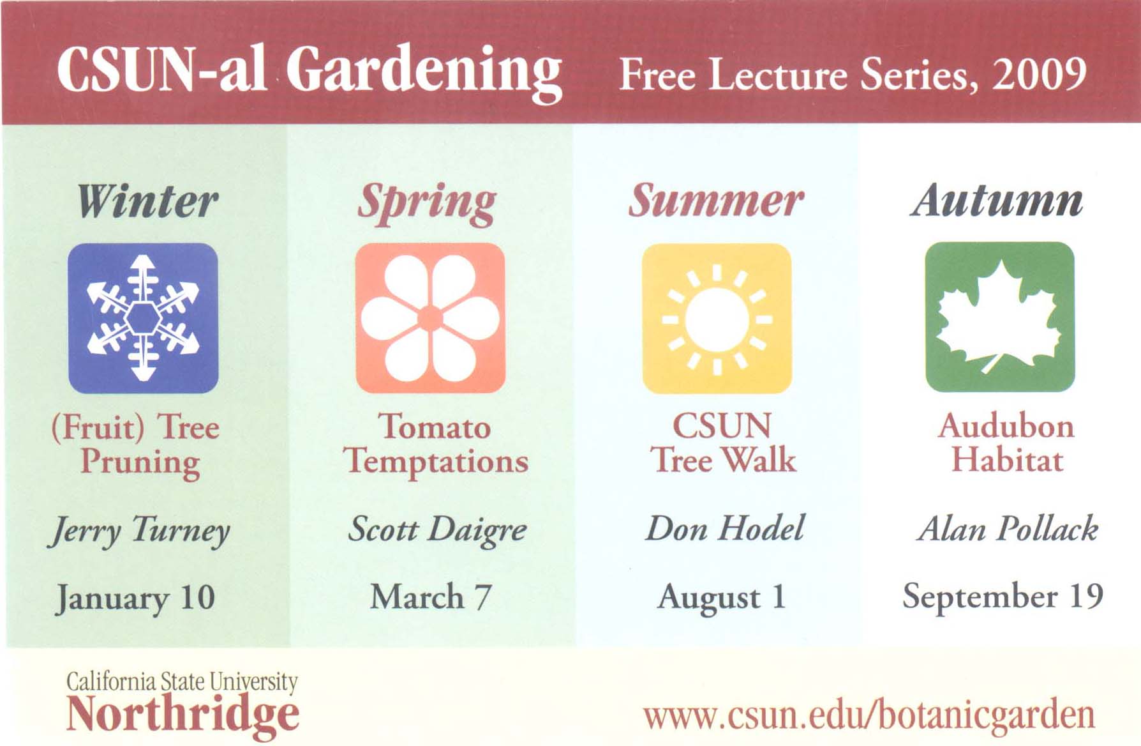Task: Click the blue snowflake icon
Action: coord(143,317)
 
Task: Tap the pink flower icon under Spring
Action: coord(430,317)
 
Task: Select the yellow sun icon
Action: coord(717,318)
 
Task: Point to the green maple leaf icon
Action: coord(999,317)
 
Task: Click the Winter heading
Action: coord(147,202)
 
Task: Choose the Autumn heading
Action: coord(996,201)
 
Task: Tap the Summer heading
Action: coord(715,201)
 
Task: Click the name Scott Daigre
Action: coord(437,529)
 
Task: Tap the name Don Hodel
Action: coord(724,528)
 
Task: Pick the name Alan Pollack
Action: coord(1008,528)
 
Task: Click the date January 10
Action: coord(135,598)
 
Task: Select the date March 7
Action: coord(431,597)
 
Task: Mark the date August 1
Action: coord(721,597)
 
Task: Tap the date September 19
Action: coord(1003,596)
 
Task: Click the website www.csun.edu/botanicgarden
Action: coord(869,715)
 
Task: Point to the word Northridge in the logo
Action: coord(183,715)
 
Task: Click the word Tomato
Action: coord(435,426)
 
